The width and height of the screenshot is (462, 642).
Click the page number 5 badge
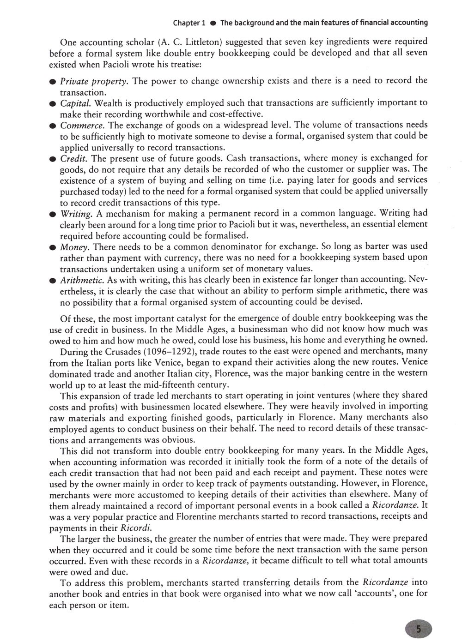(x=418, y=628)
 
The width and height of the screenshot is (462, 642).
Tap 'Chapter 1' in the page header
(x=189, y=22)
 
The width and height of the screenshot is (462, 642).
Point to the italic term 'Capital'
(x=76, y=103)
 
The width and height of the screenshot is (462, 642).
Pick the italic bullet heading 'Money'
(x=74, y=247)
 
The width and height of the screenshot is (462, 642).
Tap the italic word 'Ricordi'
(x=136, y=528)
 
